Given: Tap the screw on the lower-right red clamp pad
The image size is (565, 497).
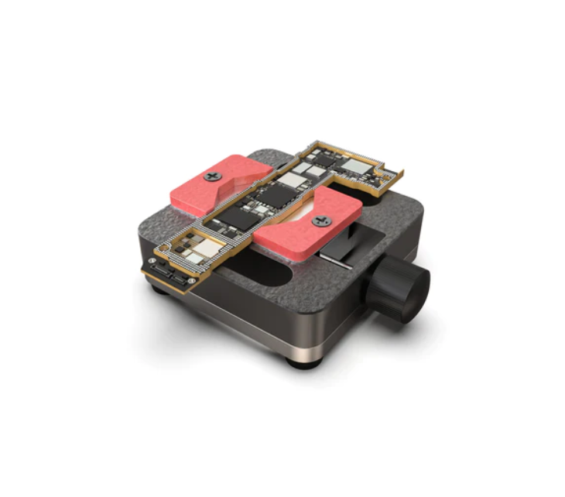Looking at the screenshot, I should (x=321, y=221).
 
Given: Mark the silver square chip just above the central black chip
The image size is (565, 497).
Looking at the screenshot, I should (x=293, y=180).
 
